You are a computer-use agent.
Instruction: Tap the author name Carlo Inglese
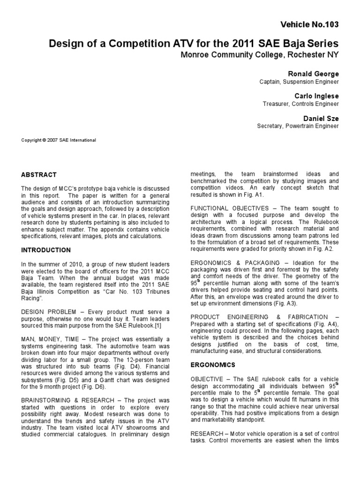click(317, 96)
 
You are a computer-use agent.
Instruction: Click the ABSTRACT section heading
click(39, 174)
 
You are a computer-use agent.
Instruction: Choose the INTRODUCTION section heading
click(46, 250)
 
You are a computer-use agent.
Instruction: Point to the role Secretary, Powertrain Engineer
click(298, 126)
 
